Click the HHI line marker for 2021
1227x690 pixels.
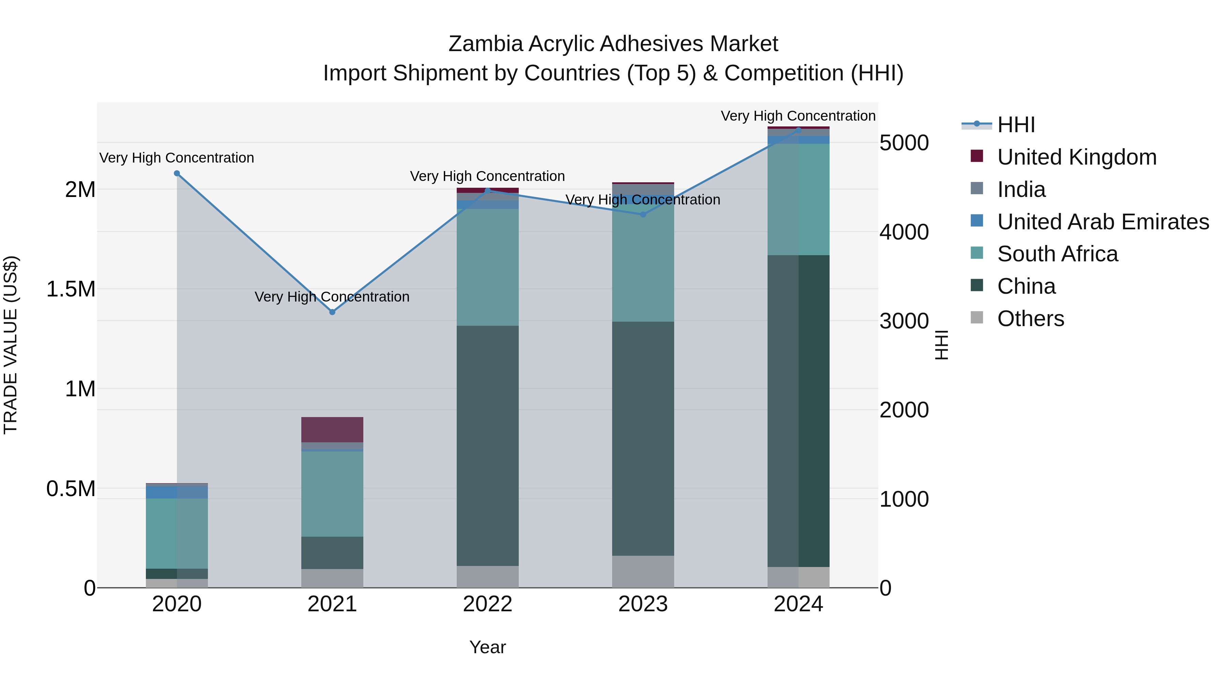332,312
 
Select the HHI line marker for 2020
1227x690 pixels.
177,173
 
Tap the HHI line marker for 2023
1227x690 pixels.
643,215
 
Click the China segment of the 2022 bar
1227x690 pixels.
487,445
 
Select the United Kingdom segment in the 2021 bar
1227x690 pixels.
332,430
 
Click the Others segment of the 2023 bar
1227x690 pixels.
643,571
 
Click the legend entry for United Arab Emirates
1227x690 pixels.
1103,222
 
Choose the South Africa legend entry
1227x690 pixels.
1057,254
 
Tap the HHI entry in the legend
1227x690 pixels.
1016,125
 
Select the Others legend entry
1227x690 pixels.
1030,319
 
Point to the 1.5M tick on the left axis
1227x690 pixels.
71,289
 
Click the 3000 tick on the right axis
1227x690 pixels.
904,321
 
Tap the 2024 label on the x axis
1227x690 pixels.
798,604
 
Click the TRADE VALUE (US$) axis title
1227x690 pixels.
11,345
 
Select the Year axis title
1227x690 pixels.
487,647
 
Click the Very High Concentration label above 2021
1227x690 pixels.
332,297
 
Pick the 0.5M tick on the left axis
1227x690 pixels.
71,489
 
